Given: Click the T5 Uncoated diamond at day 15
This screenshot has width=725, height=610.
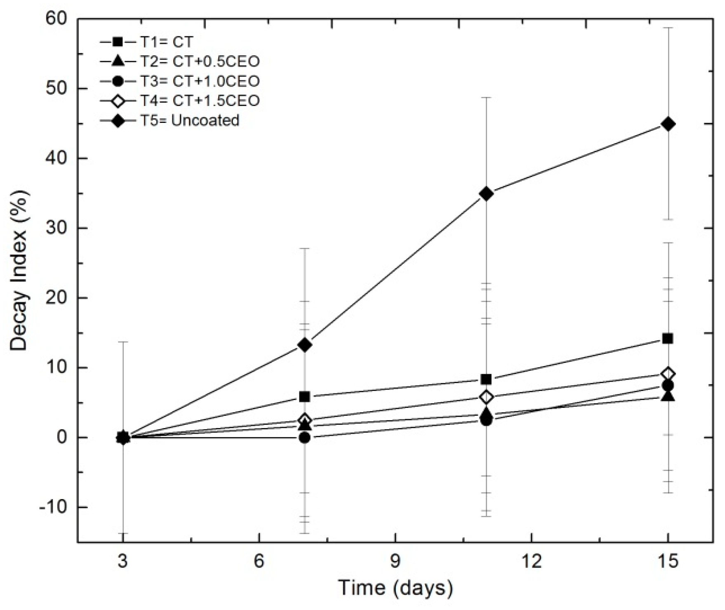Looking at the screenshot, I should (668, 124).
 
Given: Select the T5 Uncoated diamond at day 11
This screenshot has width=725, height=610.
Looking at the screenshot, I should (487, 193).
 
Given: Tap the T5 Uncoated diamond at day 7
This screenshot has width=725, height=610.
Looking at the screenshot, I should (305, 345).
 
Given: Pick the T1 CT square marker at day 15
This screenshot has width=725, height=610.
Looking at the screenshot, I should (668, 339).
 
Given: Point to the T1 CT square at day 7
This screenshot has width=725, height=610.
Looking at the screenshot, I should (305, 397).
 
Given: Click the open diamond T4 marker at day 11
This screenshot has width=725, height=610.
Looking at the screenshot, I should (487, 397).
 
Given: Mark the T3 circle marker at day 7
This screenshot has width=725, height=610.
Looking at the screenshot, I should (305, 438).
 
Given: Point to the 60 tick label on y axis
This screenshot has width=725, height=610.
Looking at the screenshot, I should (57, 19).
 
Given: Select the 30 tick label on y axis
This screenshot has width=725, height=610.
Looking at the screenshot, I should (57, 228).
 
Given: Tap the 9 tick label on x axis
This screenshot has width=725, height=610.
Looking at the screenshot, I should (395, 562).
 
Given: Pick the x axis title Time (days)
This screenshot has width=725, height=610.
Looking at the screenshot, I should (395, 588).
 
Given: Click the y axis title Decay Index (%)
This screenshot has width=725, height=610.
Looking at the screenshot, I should (19, 270).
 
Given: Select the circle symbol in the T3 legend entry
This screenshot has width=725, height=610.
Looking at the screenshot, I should (118, 81).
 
